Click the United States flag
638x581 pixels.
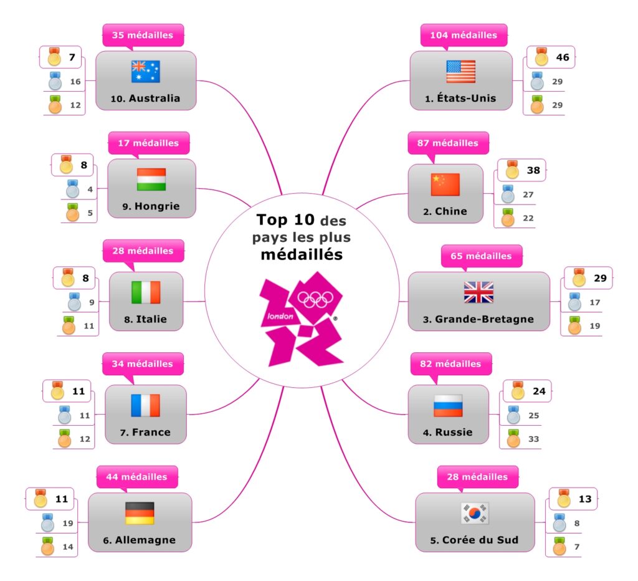(x=460, y=72)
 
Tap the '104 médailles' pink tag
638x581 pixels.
(x=464, y=35)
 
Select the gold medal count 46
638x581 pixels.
(x=563, y=57)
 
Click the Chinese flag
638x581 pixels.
(x=445, y=185)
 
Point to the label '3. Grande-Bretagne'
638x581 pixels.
(x=478, y=319)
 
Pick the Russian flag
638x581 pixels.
(x=448, y=406)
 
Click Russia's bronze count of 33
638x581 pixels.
(x=533, y=439)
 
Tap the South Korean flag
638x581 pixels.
(x=475, y=514)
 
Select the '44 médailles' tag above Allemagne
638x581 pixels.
(x=137, y=477)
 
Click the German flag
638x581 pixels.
(x=140, y=514)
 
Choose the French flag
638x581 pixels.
(x=145, y=406)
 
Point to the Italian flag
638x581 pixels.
(x=146, y=292)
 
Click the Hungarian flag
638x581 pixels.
(x=151, y=180)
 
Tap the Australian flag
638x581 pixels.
(x=145, y=72)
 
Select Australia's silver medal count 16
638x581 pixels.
(x=75, y=82)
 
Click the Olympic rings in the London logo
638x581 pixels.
(x=315, y=300)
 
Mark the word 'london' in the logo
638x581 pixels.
(x=280, y=316)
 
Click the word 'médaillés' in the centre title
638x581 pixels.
(x=302, y=255)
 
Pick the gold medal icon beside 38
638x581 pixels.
(x=512, y=170)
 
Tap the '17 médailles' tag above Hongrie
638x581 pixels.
(x=149, y=143)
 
